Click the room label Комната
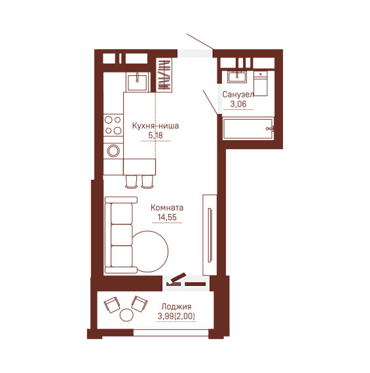(x=167, y=207)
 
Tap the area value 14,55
(x=167, y=217)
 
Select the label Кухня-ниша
(x=155, y=126)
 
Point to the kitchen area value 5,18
(x=155, y=135)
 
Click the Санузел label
(x=238, y=94)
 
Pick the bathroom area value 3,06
(x=238, y=104)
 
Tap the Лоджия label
(x=176, y=306)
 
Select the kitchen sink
(x=137, y=82)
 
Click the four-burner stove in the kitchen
(x=113, y=125)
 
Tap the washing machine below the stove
(x=113, y=151)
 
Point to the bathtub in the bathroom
(x=248, y=128)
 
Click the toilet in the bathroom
(x=261, y=83)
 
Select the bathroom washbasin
(x=237, y=77)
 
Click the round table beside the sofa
(x=151, y=251)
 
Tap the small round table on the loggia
(x=126, y=315)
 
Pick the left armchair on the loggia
(x=112, y=305)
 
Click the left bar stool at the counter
(x=131, y=181)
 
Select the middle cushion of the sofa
(x=122, y=235)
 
